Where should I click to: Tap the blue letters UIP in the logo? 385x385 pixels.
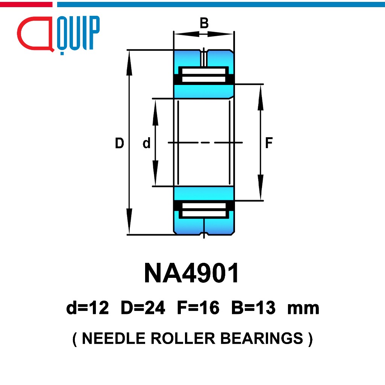click(x=78, y=33)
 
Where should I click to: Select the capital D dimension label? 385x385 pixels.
click(x=119, y=143)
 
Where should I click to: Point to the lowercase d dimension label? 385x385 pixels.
click(x=146, y=143)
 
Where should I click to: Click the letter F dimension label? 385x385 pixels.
click(x=269, y=143)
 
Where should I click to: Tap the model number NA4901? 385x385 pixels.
click(x=191, y=273)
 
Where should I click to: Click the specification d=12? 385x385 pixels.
click(x=87, y=308)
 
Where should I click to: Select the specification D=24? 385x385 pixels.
click(x=143, y=308)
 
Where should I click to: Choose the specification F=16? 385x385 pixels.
click(x=198, y=308)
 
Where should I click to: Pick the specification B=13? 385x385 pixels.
click(x=253, y=308)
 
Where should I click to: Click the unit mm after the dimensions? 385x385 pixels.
click(x=303, y=309)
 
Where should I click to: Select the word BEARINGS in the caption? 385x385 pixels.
click(x=262, y=338)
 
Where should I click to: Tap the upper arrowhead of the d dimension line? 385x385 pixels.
click(x=155, y=112)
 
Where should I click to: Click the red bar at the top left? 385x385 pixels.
click(x=26, y=5)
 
